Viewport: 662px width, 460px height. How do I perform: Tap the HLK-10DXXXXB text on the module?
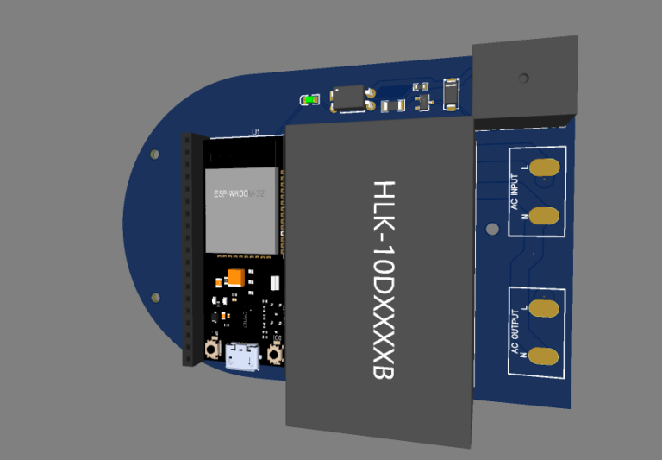(x=382, y=280)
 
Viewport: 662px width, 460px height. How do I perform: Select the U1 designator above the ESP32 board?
(x=255, y=132)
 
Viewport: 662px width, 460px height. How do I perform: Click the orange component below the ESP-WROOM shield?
(x=234, y=277)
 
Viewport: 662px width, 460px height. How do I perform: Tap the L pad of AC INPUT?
(x=545, y=167)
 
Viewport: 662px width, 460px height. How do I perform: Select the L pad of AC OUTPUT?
(x=545, y=306)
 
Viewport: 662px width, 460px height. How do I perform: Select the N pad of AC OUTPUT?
(x=545, y=355)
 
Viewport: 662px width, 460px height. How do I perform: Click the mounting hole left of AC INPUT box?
(x=492, y=230)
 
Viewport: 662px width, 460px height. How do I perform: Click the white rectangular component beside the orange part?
(x=274, y=283)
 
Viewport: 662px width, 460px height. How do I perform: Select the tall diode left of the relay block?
(x=451, y=94)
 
